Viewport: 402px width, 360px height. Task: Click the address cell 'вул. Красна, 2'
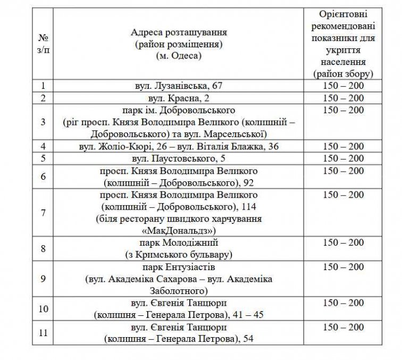(x=179, y=98)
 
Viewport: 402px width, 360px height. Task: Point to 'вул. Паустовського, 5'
(x=179, y=158)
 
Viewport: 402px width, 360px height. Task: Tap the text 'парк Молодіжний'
(x=179, y=243)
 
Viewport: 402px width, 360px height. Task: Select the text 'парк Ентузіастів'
(x=179, y=267)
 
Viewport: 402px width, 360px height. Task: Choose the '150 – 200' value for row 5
(x=343, y=158)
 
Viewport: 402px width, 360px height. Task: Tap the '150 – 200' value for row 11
(x=343, y=327)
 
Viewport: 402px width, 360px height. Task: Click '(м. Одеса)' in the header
(x=179, y=55)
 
